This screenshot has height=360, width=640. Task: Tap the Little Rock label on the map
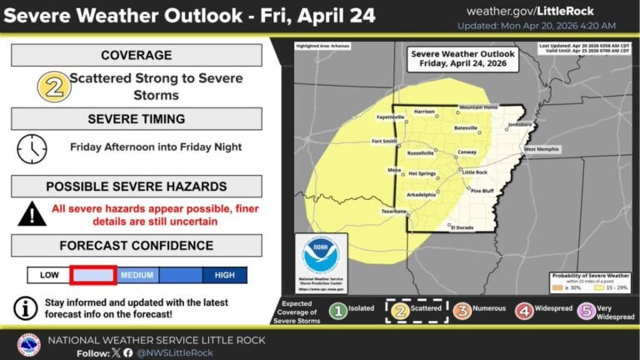tap(474, 172)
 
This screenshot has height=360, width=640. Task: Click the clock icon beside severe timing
tap(32, 147)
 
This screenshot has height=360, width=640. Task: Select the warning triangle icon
tap(32, 213)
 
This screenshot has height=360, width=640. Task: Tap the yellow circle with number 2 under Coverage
tap(52, 87)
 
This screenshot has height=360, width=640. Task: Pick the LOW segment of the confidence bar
tap(48, 274)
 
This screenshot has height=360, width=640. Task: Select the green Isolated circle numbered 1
tap(337, 313)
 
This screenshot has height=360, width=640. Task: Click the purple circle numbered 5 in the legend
tap(588, 313)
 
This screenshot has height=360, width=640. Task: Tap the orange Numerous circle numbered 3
tap(462, 313)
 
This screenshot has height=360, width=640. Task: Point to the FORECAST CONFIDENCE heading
tap(137, 246)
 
